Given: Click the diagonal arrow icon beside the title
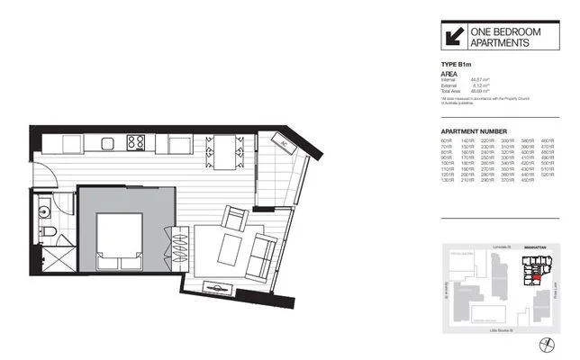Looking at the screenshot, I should click(x=452, y=37).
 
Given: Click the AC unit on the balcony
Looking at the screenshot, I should click(x=280, y=143).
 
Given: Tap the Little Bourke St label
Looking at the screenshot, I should click(x=500, y=331).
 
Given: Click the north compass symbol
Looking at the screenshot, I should click(x=545, y=345).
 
